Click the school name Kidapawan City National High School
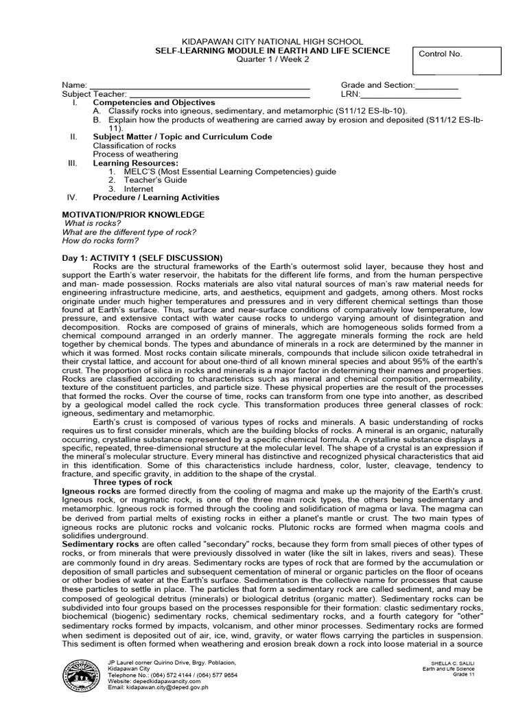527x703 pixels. tap(263, 42)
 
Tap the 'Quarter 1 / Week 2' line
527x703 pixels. tap(263, 60)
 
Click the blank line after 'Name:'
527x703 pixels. tap(200, 85)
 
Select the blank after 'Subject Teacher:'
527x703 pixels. tap(220, 94)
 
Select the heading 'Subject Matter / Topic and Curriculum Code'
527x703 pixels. tap(183, 137)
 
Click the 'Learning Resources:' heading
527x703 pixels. tap(135, 163)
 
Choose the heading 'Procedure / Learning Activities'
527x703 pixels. tap(156, 197)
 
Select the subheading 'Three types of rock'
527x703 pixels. tap(132, 483)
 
